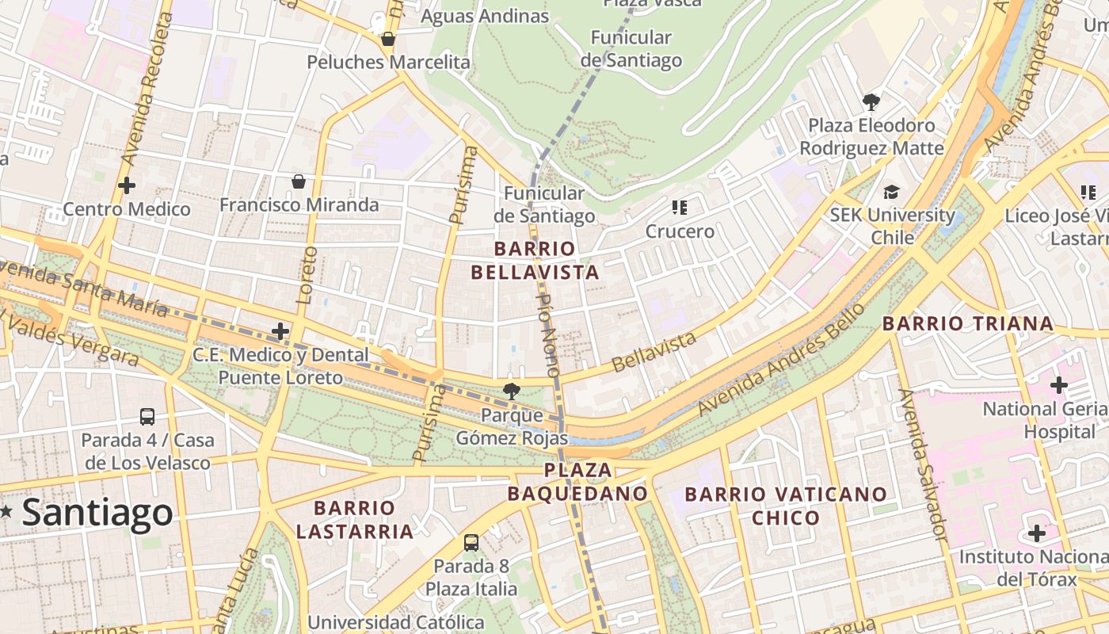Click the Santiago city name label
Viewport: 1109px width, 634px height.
coord(97,513)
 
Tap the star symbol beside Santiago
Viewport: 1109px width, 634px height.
coord(6,512)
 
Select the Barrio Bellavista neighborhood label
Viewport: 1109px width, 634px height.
coord(535,261)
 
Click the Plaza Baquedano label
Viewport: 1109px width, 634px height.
coord(577,482)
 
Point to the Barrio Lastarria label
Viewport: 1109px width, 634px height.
coord(355,519)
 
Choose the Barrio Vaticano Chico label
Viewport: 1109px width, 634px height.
coord(786,506)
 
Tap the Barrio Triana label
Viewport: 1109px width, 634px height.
coord(968,323)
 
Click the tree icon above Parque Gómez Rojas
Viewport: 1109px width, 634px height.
coord(512,390)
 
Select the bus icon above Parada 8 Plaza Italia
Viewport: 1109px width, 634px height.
coord(471,543)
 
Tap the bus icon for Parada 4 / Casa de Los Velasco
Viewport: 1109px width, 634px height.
coord(147,416)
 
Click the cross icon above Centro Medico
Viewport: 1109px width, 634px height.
coord(126,185)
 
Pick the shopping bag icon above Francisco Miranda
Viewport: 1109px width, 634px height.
coord(299,181)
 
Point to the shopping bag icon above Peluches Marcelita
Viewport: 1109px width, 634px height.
coord(388,39)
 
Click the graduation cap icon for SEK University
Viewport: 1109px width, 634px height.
coord(892,192)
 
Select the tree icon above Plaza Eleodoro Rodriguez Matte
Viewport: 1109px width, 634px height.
coord(871,101)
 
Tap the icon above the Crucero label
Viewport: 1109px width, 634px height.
coord(679,208)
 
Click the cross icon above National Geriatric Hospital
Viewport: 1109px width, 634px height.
coord(1058,386)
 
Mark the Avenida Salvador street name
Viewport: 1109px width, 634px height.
coord(922,465)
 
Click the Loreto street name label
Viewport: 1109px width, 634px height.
coord(307,276)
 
